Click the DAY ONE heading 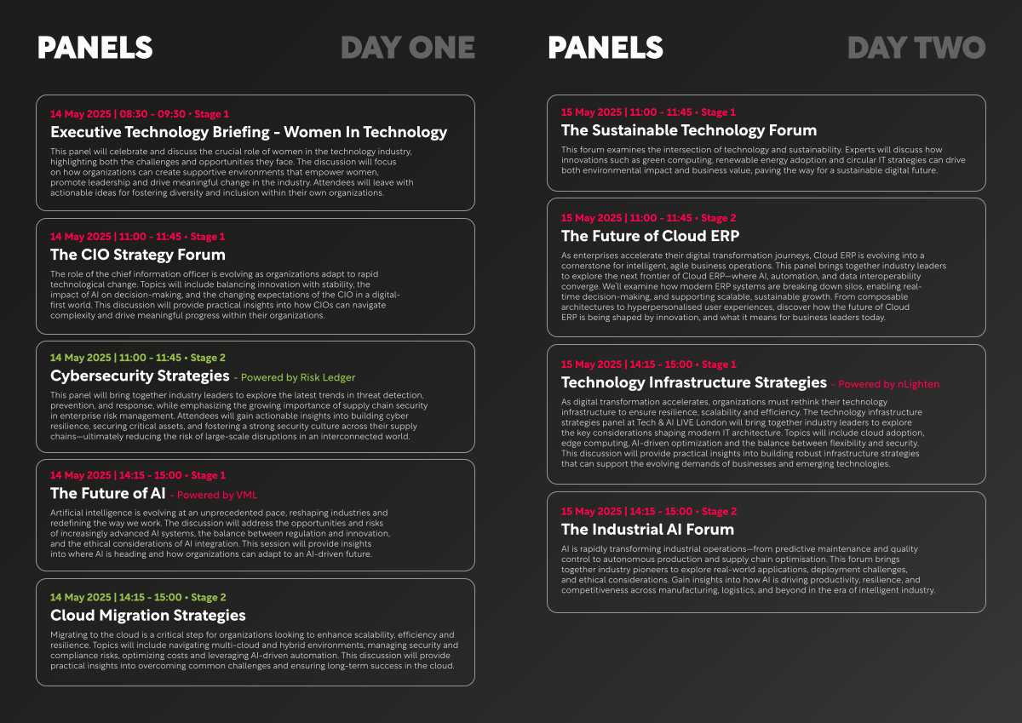(408, 48)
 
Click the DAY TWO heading (916, 48)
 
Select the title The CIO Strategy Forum (138, 255)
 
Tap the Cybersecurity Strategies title (140, 376)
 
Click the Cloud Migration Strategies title (148, 616)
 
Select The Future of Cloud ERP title (650, 236)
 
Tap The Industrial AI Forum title (647, 530)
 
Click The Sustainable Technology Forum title (689, 130)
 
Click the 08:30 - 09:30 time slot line (140, 114)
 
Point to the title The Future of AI (107, 493)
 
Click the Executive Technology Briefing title (249, 132)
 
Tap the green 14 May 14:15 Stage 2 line (138, 598)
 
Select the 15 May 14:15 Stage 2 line (649, 511)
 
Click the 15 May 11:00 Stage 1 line (648, 112)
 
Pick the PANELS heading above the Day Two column (606, 48)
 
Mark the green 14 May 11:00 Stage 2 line (138, 358)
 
